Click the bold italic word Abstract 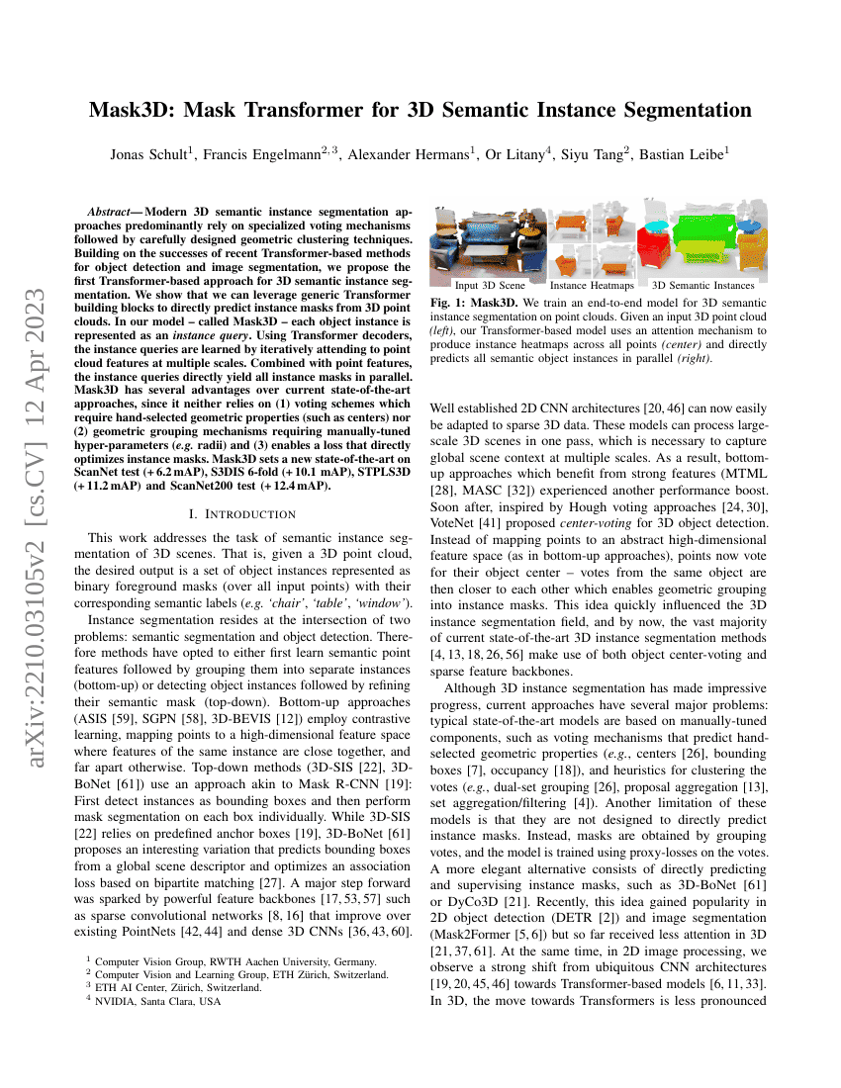tap(111, 213)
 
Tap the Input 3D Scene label tap(490, 286)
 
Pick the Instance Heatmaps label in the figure tap(593, 286)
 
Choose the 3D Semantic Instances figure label tap(701, 286)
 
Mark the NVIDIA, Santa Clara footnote tap(149, 1001)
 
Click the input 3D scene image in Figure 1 tap(488, 243)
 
